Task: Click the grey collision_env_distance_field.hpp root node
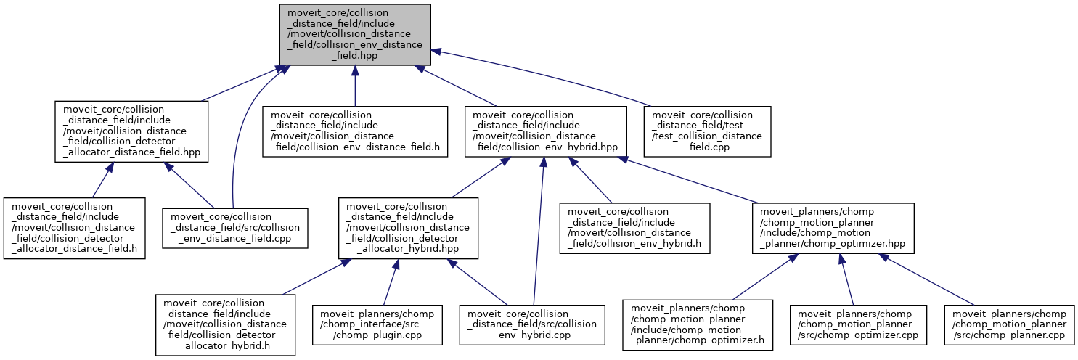(x=355, y=34)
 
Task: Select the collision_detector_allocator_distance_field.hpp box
(x=131, y=131)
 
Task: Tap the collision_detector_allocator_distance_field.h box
(x=75, y=228)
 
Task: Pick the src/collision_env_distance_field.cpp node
(x=234, y=228)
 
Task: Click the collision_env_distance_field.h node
(x=355, y=131)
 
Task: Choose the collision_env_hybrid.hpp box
(x=544, y=131)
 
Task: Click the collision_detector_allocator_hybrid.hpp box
(x=408, y=228)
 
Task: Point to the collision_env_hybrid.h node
(x=634, y=228)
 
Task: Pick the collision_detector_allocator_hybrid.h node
(x=225, y=324)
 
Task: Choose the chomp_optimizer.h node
(x=699, y=324)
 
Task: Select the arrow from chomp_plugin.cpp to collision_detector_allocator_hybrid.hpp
(x=390, y=283)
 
